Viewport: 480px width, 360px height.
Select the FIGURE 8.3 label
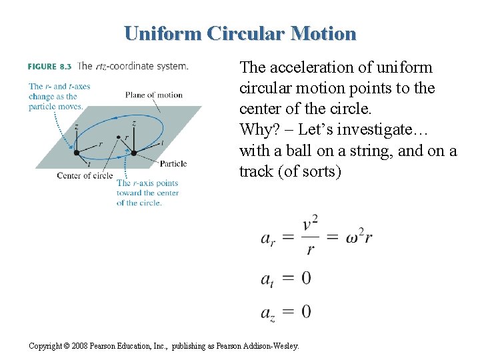pyautogui.click(x=50, y=67)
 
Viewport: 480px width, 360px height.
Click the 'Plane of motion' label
pyautogui.click(x=153, y=95)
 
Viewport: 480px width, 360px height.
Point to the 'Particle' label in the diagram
pyautogui.click(x=173, y=164)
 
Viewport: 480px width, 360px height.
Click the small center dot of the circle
pyautogui.click(x=119, y=138)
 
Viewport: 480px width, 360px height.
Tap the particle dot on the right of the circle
pyautogui.click(x=134, y=153)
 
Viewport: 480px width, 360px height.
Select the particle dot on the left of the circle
pyautogui.click(x=77, y=153)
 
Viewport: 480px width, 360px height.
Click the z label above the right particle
pyautogui.click(x=134, y=123)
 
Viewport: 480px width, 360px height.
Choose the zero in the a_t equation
pyautogui.click(x=305, y=277)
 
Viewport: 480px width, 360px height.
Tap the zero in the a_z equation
pyautogui.click(x=305, y=311)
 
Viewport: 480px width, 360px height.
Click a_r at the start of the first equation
pyautogui.click(x=268, y=238)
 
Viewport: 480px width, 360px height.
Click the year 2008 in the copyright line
pyautogui.click(x=79, y=346)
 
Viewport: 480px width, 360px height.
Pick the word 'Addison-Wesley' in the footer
pyautogui.click(x=274, y=346)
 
